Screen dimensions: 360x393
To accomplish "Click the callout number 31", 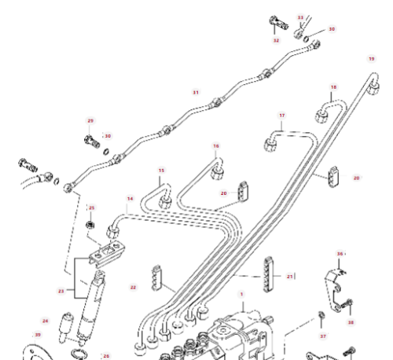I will pyautogui.click(x=195, y=92).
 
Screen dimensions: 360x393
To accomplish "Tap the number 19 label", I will pyautogui.click(x=372, y=59).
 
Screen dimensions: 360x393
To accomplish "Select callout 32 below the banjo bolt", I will pyautogui.click(x=276, y=40).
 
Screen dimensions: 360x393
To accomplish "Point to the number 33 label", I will pyautogui.click(x=300, y=17).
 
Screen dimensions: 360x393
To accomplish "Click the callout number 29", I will pyautogui.click(x=90, y=120).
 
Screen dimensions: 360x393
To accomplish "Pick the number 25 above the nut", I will pyautogui.click(x=91, y=208).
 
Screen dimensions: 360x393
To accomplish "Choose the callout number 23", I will pyautogui.click(x=61, y=291).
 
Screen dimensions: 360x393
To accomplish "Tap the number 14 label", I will pyautogui.click(x=130, y=198).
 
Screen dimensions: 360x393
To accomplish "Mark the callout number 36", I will pyautogui.click(x=340, y=254).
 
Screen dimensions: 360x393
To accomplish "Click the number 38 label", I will pyautogui.click(x=351, y=322).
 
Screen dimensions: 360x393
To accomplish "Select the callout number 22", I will pyautogui.click(x=133, y=287).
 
